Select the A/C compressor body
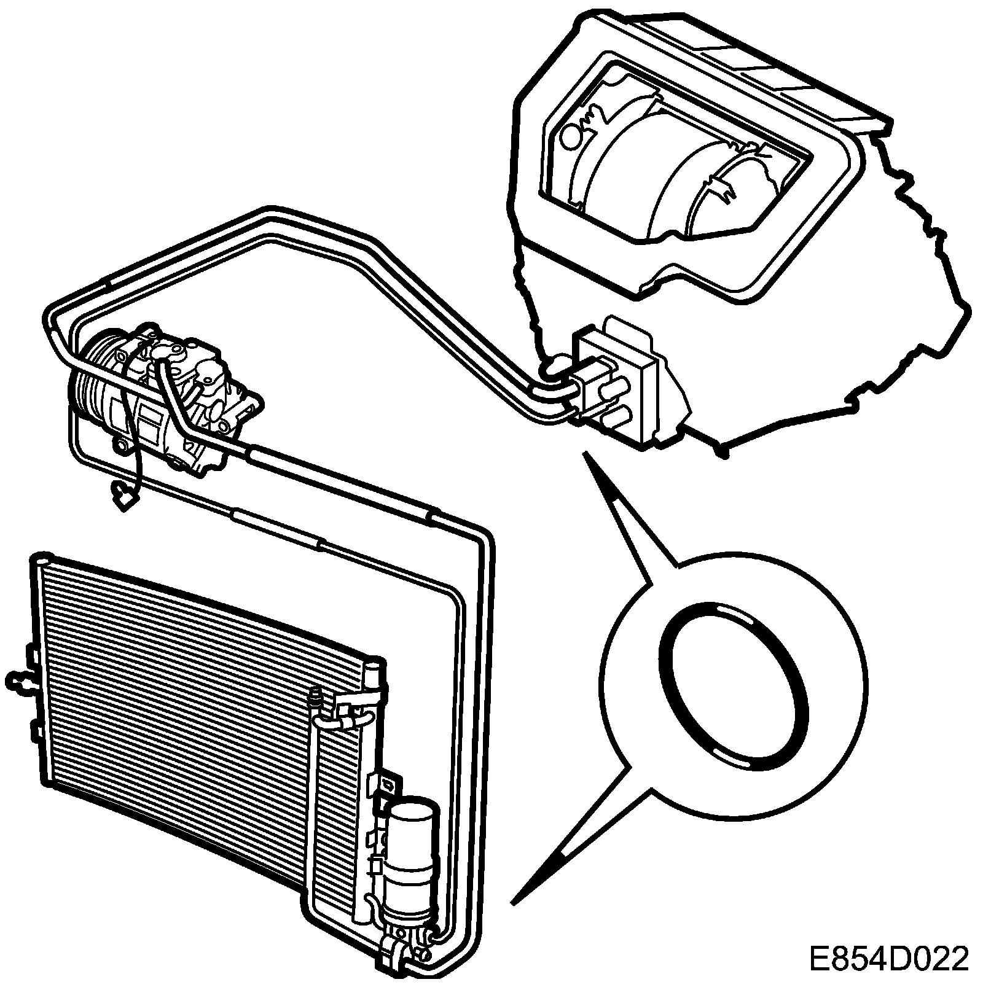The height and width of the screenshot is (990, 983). [x=178, y=399]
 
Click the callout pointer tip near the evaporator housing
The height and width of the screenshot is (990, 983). [x=585, y=455]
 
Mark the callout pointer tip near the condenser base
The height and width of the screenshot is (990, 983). [x=514, y=903]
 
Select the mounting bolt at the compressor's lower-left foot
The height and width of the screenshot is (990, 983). [x=121, y=446]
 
